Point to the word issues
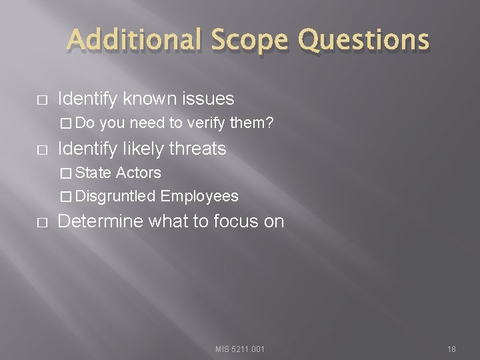(x=207, y=99)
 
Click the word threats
(x=198, y=148)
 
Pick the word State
(x=94, y=173)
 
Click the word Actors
(x=139, y=173)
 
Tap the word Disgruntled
(x=116, y=196)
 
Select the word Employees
(x=199, y=196)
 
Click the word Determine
(x=100, y=221)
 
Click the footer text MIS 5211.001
(x=240, y=349)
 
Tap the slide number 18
(x=451, y=349)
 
